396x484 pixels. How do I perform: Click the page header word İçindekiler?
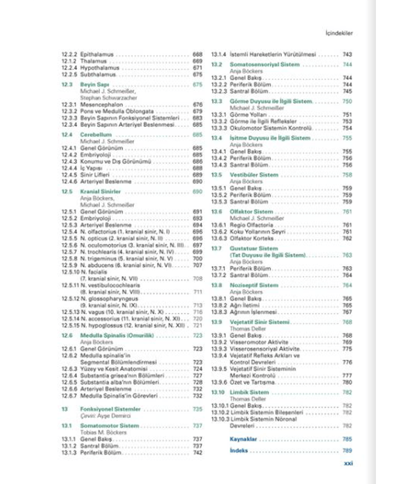click(x=339, y=33)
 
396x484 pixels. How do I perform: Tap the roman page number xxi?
click(x=348, y=463)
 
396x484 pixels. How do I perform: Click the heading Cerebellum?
click(x=96, y=135)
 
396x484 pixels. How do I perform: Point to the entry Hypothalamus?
click(x=100, y=68)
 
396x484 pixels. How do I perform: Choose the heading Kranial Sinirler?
click(x=100, y=192)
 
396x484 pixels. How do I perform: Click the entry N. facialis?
click(x=94, y=272)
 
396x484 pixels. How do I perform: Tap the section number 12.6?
click(x=67, y=335)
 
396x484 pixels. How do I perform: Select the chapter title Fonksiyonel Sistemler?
click(x=110, y=409)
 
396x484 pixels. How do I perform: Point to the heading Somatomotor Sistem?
click(x=109, y=426)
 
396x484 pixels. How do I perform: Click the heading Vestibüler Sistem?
click(x=254, y=175)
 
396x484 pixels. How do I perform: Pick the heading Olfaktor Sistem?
click(x=251, y=212)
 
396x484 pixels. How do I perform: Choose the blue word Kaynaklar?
click(x=243, y=439)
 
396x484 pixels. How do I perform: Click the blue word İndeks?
click(x=239, y=451)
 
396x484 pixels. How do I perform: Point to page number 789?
click(x=347, y=451)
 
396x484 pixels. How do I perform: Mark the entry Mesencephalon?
click(x=101, y=105)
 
